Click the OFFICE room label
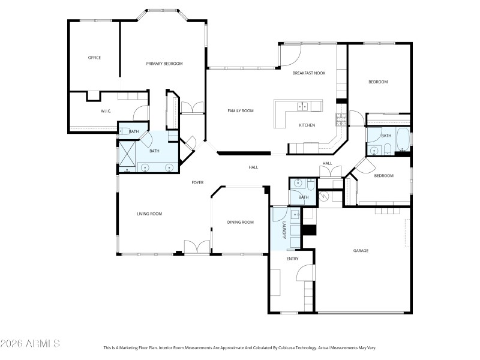[x=94, y=58]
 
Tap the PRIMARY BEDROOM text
[x=164, y=64]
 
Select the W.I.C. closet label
[x=106, y=111]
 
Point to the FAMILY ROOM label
[x=240, y=110]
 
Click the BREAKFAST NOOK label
[x=308, y=73]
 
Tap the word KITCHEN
[x=307, y=125]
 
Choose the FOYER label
[x=197, y=182]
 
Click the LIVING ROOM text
[x=149, y=214]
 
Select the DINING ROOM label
[x=240, y=222]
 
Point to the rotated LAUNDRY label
[x=284, y=230]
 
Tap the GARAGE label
[x=361, y=251]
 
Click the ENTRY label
[x=292, y=259]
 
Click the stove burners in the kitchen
[x=341, y=118]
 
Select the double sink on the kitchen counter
[x=302, y=107]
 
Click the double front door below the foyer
[x=197, y=248]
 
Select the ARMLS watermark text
[x=30, y=344]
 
